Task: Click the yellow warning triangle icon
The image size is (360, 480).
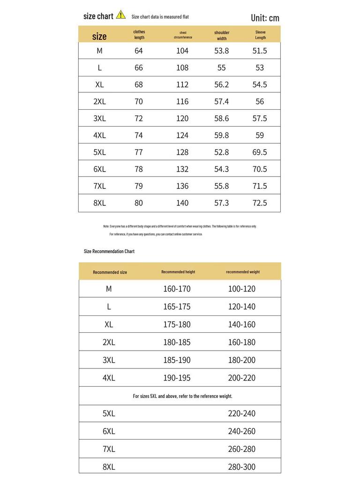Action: (x=121, y=15)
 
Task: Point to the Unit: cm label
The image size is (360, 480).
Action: (x=265, y=18)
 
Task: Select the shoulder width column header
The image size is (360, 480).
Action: (x=222, y=36)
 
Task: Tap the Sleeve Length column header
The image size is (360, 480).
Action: (x=261, y=35)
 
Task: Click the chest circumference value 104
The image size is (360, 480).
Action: (x=182, y=51)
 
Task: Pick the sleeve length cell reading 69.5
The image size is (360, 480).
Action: (x=260, y=152)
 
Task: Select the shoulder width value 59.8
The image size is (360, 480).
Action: (x=222, y=135)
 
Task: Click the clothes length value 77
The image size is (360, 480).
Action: (x=139, y=152)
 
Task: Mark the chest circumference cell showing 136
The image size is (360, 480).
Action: (x=182, y=186)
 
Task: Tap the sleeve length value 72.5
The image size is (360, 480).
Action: (x=260, y=202)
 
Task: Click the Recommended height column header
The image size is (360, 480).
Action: (x=178, y=272)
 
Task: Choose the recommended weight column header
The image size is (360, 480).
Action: (x=243, y=272)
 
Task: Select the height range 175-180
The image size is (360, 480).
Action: (x=177, y=324)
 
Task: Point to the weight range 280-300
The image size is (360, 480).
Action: (x=242, y=467)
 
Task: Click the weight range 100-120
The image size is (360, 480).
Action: (x=242, y=289)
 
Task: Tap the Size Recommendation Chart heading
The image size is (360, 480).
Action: (x=109, y=251)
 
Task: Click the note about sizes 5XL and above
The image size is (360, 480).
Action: (x=182, y=396)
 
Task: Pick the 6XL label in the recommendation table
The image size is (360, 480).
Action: (x=109, y=431)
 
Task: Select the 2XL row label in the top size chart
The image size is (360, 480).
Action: (x=99, y=101)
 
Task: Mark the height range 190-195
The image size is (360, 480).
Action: (x=177, y=378)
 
